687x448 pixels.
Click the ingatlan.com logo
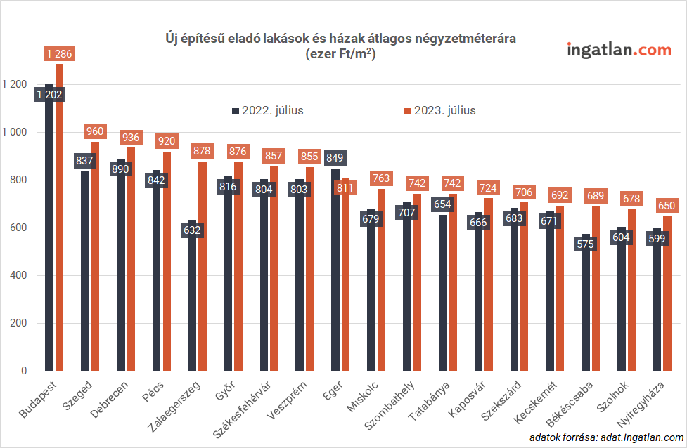point(619,50)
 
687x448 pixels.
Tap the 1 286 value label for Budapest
point(59,54)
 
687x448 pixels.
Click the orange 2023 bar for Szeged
point(96,267)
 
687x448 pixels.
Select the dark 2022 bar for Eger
point(335,281)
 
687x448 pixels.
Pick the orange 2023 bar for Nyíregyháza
point(667,302)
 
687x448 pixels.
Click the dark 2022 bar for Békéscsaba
point(585,316)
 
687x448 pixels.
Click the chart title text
point(340,46)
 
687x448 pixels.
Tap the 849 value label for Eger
point(335,158)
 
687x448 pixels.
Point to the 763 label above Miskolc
point(382,179)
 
